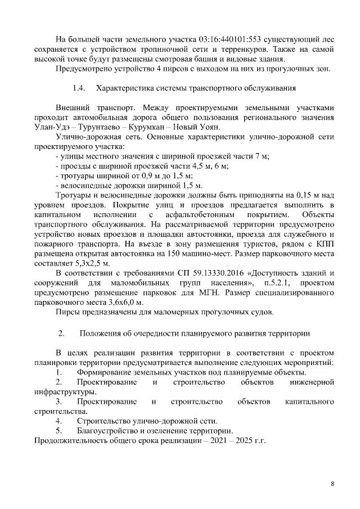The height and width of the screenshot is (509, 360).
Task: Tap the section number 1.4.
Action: coord(80,89)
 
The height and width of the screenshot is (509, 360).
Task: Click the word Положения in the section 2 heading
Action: coord(107,334)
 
